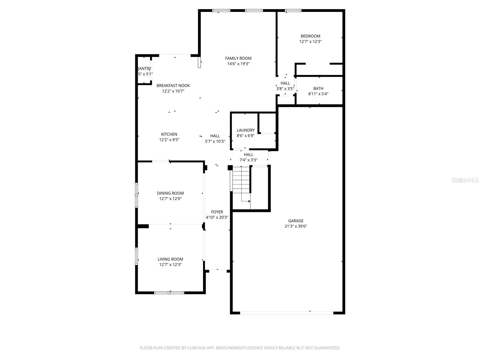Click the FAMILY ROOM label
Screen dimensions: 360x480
[238, 58]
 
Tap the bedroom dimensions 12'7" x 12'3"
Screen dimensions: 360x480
[310, 42]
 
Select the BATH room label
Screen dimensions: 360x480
[318, 88]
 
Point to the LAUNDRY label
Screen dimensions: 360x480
[245, 130]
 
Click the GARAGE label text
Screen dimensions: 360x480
[296, 221]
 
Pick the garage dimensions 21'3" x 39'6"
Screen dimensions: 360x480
[296, 226]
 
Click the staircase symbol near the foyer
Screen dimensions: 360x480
[241, 183]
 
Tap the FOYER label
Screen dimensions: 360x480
[217, 212]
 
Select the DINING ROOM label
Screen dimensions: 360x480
[170, 193]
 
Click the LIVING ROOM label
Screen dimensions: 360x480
[170, 259]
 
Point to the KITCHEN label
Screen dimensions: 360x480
[169, 134]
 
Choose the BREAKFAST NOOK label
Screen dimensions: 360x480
[173, 85]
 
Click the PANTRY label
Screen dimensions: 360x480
[144, 69]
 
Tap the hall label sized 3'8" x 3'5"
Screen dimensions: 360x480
[285, 83]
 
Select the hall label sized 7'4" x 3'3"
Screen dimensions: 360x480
[248, 154]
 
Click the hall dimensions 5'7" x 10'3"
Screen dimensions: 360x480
[215, 141]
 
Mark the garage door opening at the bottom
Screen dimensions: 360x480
[286, 313]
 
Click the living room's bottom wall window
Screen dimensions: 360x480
[169, 292]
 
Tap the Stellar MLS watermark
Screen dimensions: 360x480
[465, 180]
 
